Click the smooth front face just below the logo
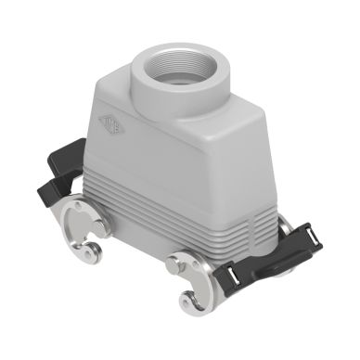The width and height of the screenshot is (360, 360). (139, 158)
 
